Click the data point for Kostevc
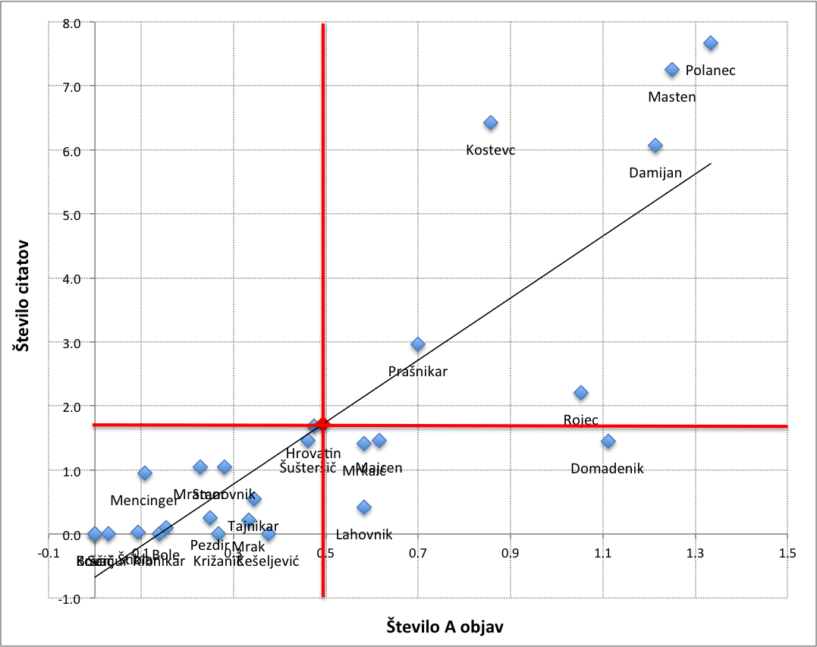(x=491, y=123)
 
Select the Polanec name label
(x=711, y=71)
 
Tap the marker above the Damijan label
(x=655, y=146)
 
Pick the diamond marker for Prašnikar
(x=418, y=344)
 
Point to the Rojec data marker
(x=581, y=393)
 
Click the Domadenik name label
(x=607, y=469)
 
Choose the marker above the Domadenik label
(x=608, y=441)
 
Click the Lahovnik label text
(x=364, y=535)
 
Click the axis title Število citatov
(x=23, y=307)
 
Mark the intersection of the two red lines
(x=323, y=425)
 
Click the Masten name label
(x=672, y=97)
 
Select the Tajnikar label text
(x=253, y=526)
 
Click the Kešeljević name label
(x=269, y=561)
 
